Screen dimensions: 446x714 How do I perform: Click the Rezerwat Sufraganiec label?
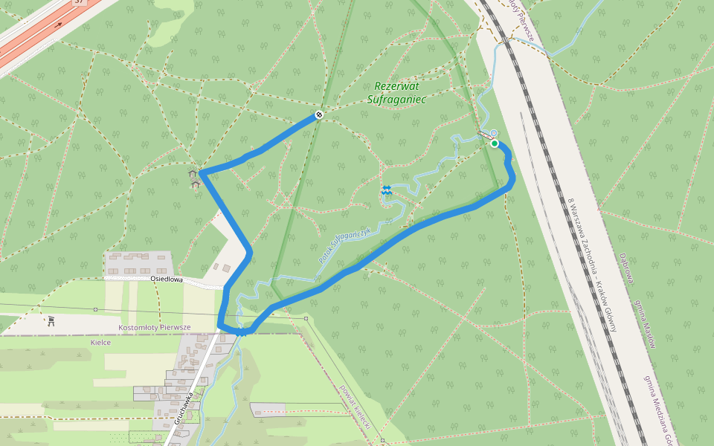[x=396, y=92]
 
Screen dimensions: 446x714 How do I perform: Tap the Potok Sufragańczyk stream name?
[x=344, y=244]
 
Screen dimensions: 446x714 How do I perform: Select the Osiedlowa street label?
[x=167, y=279]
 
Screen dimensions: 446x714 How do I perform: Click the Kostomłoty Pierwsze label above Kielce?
[x=155, y=327]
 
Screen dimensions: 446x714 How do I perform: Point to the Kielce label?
[x=100, y=343]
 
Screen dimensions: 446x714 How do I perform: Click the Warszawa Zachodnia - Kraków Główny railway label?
[x=592, y=264]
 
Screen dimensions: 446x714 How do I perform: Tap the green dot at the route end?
[x=495, y=143]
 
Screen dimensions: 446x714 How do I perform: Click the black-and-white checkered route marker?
[x=318, y=114]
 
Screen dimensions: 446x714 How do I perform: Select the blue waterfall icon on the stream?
[x=386, y=190]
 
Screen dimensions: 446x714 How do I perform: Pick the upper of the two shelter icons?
[x=194, y=173]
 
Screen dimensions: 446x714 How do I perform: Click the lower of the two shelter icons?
[x=196, y=184]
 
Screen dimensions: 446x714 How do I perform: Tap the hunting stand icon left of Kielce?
[x=51, y=321]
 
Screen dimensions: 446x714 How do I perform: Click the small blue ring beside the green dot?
[x=494, y=133]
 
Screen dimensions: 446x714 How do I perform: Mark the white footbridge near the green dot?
[x=484, y=135]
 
